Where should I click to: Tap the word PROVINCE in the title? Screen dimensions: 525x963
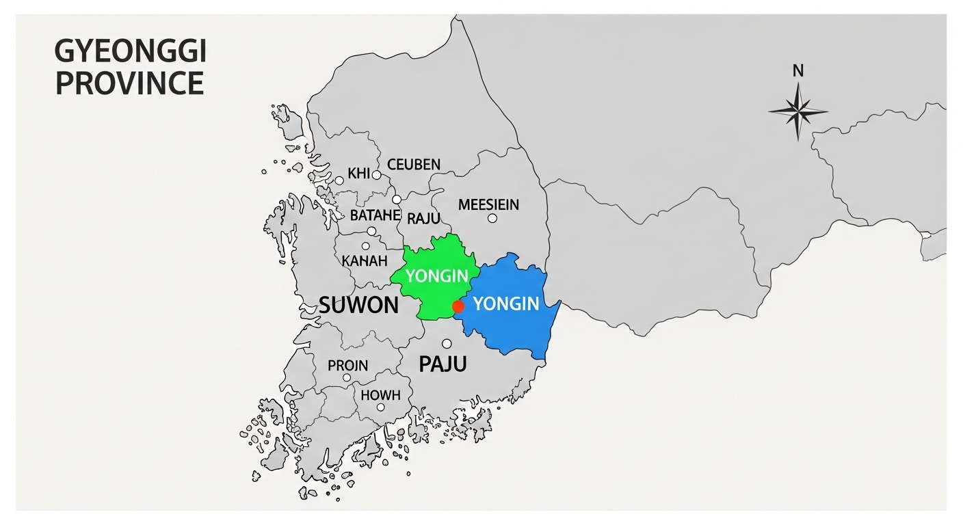pyautogui.click(x=130, y=83)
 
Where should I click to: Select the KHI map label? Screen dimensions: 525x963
pyautogui.click(x=358, y=174)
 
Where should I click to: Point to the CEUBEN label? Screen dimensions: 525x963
pyautogui.click(x=414, y=165)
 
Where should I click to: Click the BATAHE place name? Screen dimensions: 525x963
pyautogui.click(x=375, y=216)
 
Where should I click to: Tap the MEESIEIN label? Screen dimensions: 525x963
pyautogui.click(x=488, y=204)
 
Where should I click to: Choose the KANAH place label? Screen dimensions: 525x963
pyautogui.click(x=365, y=261)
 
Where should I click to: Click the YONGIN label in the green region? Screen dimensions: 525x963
pyautogui.click(x=436, y=277)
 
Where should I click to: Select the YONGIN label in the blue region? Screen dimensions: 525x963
pyautogui.click(x=507, y=304)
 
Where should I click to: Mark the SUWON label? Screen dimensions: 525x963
pyautogui.click(x=358, y=305)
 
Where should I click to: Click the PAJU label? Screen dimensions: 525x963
pyautogui.click(x=442, y=364)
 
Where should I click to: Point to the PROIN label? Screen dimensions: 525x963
pyautogui.click(x=347, y=365)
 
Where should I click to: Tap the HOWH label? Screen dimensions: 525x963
pyautogui.click(x=380, y=394)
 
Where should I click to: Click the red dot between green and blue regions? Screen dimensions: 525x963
pyautogui.click(x=458, y=307)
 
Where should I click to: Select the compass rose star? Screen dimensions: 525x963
pyautogui.click(x=797, y=111)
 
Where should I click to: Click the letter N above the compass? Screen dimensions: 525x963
pyautogui.click(x=797, y=70)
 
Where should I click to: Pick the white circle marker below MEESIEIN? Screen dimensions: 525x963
pyautogui.click(x=492, y=218)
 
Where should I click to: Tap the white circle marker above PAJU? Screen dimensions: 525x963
pyautogui.click(x=447, y=344)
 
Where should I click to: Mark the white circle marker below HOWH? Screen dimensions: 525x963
pyautogui.click(x=381, y=407)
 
